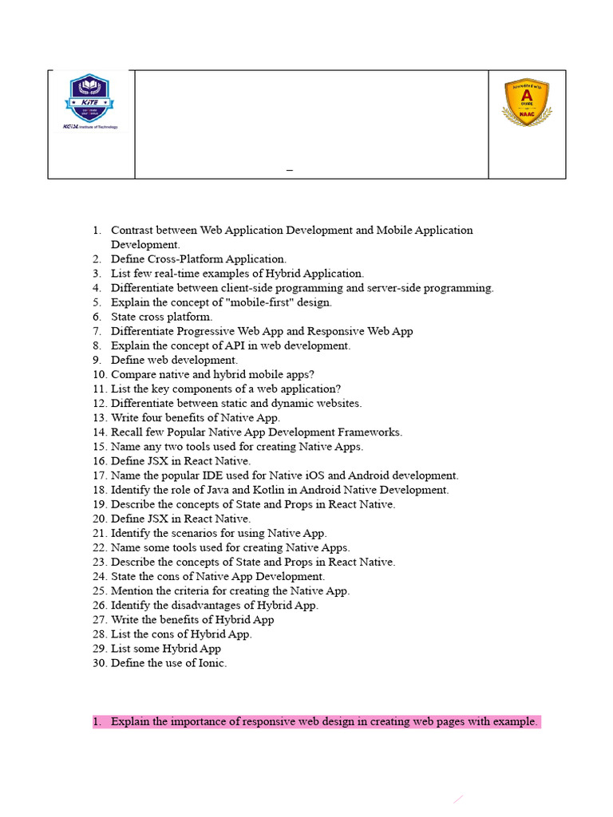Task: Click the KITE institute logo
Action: coord(90,101)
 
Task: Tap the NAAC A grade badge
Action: coord(527,104)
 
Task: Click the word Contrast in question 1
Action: coord(132,231)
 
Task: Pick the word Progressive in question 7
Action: coord(200,331)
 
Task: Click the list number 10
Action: coord(99,374)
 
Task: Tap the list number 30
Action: coord(99,663)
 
